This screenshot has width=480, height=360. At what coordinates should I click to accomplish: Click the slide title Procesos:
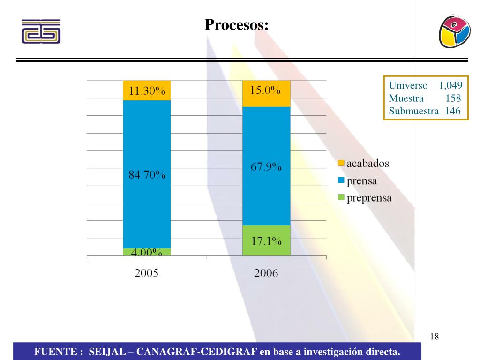click(x=236, y=24)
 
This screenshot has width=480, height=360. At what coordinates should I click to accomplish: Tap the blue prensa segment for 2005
click(x=147, y=141)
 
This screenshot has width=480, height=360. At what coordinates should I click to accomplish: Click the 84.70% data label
click(x=147, y=175)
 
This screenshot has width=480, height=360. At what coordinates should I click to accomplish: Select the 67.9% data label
click(x=266, y=167)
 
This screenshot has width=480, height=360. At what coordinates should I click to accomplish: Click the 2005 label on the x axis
click(x=147, y=273)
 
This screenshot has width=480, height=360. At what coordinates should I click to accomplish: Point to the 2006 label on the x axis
click(x=266, y=273)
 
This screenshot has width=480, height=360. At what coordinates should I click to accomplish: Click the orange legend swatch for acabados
click(x=341, y=163)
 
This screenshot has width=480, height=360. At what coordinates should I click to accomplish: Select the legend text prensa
click(x=362, y=180)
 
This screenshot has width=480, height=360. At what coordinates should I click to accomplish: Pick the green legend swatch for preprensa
click(x=341, y=198)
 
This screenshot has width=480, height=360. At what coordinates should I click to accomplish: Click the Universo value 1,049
click(x=450, y=85)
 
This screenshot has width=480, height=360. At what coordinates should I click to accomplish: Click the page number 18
click(x=434, y=336)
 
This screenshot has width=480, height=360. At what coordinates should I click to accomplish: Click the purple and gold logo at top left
click(x=41, y=31)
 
